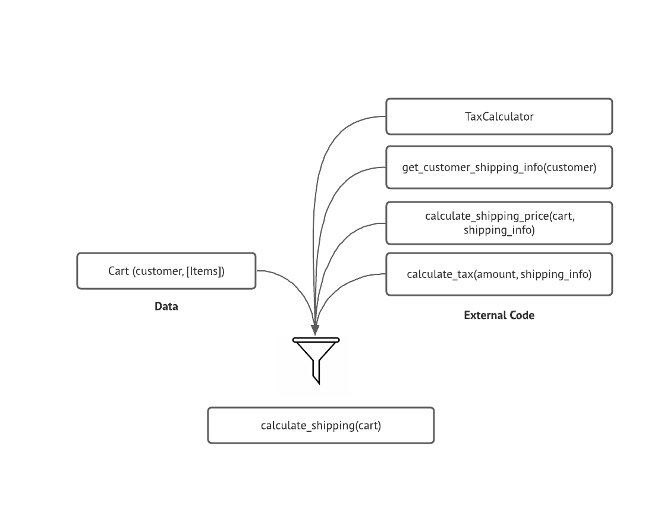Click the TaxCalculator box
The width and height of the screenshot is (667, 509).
tap(499, 116)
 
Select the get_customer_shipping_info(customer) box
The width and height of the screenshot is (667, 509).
tap(499, 167)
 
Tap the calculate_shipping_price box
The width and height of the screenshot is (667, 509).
tap(499, 223)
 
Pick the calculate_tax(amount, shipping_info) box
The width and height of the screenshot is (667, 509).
tap(499, 274)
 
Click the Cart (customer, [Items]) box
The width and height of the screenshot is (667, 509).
tap(166, 271)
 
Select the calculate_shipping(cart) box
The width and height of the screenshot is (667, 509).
tap(320, 425)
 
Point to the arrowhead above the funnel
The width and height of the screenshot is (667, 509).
tap(315, 329)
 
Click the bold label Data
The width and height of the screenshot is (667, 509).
tap(166, 306)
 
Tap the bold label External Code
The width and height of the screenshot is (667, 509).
tap(499, 315)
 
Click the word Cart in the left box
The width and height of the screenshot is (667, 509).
tap(118, 271)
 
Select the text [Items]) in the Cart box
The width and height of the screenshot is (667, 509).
tap(206, 271)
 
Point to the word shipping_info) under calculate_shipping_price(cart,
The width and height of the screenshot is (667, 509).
tap(499, 230)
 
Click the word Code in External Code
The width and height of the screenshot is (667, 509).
tap(521, 315)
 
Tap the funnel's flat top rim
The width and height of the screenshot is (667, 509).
tap(316, 340)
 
